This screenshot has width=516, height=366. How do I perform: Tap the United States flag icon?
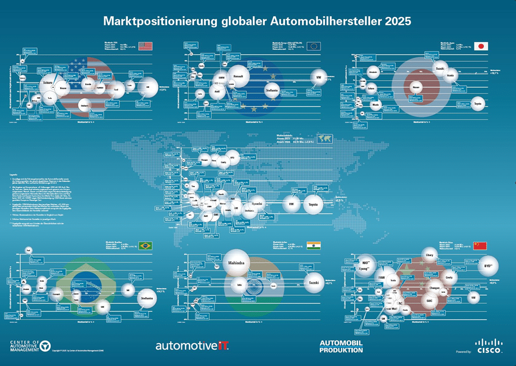(145, 46)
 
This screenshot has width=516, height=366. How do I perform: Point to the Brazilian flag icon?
(145, 245)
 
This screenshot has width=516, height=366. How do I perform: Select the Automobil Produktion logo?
(341, 346)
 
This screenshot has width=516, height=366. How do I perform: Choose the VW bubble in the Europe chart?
(318, 78)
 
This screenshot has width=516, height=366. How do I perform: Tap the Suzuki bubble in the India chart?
(313, 284)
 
